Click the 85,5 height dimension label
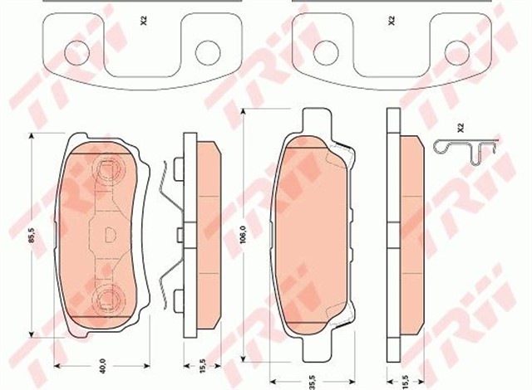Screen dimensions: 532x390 point(32,235)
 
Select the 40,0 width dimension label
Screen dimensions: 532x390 point(103,366)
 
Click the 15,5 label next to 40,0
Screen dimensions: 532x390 point(203,366)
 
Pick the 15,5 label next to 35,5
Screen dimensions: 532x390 point(406,382)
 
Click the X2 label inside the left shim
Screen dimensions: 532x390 point(144,22)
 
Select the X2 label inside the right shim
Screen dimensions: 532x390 point(392,22)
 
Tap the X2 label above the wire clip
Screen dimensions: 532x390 point(460,128)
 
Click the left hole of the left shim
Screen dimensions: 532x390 point(77,53)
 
